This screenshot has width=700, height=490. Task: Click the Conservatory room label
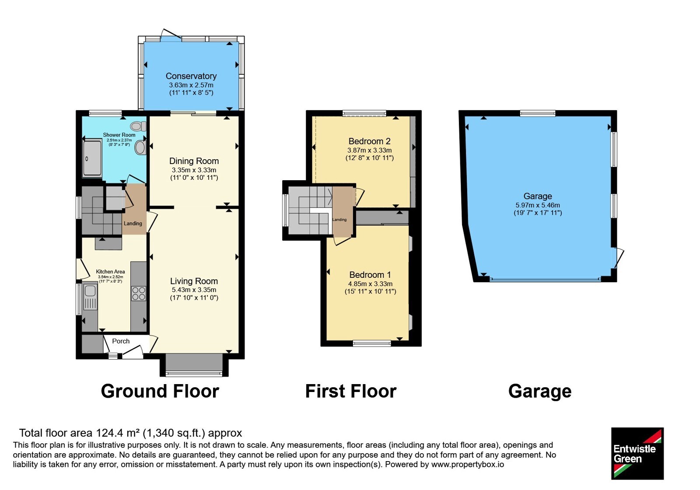pyautogui.click(x=191, y=76)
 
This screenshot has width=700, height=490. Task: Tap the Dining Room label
pyautogui.click(x=194, y=161)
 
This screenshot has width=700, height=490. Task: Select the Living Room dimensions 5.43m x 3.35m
pyautogui.click(x=194, y=290)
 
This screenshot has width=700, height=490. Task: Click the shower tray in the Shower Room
pyautogui.click(x=92, y=158)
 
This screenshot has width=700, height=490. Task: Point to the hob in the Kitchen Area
pyautogui.click(x=138, y=294)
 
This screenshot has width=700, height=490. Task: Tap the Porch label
pyautogui.click(x=121, y=341)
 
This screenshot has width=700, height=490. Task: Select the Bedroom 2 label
pyautogui.click(x=369, y=141)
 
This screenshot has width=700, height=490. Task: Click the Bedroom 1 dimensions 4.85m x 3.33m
pyautogui.click(x=370, y=284)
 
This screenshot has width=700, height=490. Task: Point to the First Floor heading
pyautogui.click(x=350, y=391)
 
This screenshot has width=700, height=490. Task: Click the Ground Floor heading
pyautogui.click(x=160, y=391)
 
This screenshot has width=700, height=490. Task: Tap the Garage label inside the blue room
pyautogui.click(x=538, y=196)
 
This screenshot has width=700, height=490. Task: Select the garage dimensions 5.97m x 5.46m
pyautogui.click(x=538, y=205)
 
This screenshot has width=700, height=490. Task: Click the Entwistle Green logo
pyautogui.click(x=637, y=453)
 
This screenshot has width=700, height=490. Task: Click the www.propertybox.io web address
pyautogui.click(x=468, y=464)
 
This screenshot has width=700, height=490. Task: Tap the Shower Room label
pyautogui.click(x=119, y=135)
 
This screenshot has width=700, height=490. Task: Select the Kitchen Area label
pyautogui.click(x=110, y=272)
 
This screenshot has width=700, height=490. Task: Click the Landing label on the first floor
pyautogui.click(x=339, y=220)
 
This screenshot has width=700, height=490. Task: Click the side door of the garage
pyautogui.click(x=618, y=258)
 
